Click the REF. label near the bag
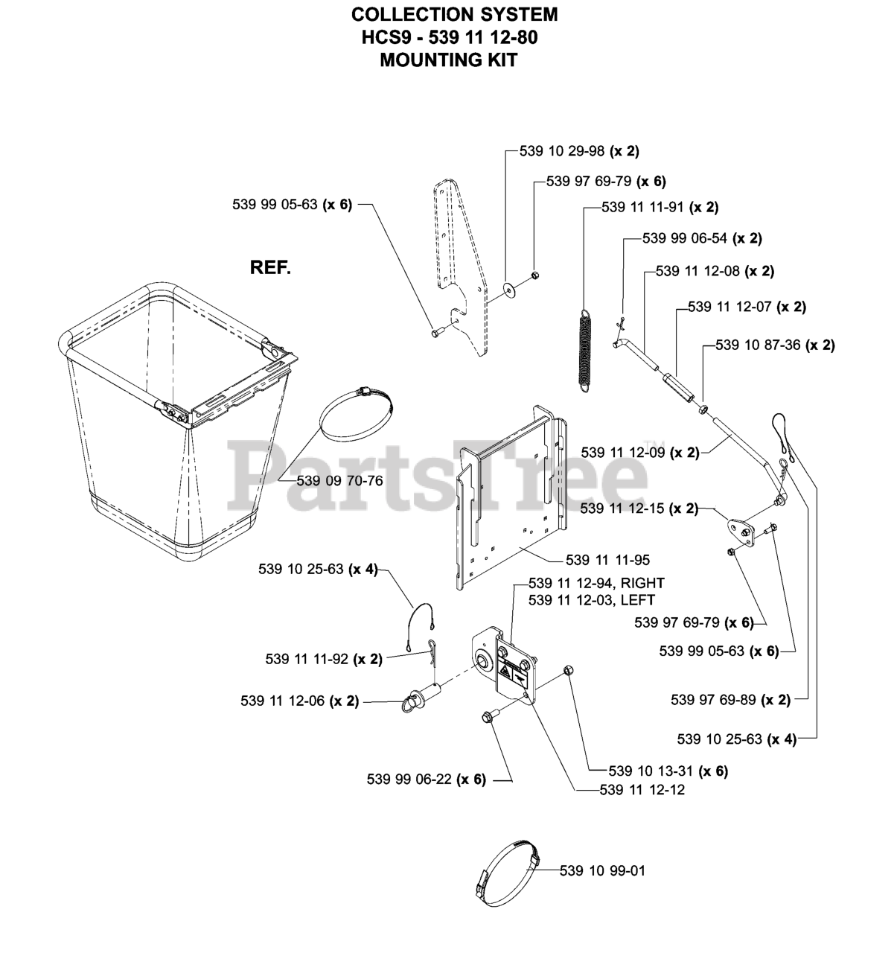point(270,267)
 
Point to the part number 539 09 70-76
point(339,481)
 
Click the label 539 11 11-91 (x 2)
point(660,208)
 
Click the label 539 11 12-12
point(642,790)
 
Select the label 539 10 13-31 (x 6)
point(668,771)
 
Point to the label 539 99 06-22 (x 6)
point(426,780)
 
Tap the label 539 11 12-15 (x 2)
point(639,509)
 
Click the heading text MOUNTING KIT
point(448,60)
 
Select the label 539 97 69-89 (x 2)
point(730,699)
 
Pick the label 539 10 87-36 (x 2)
point(775,345)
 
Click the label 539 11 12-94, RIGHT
point(596,583)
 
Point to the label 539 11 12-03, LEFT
point(591,599)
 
